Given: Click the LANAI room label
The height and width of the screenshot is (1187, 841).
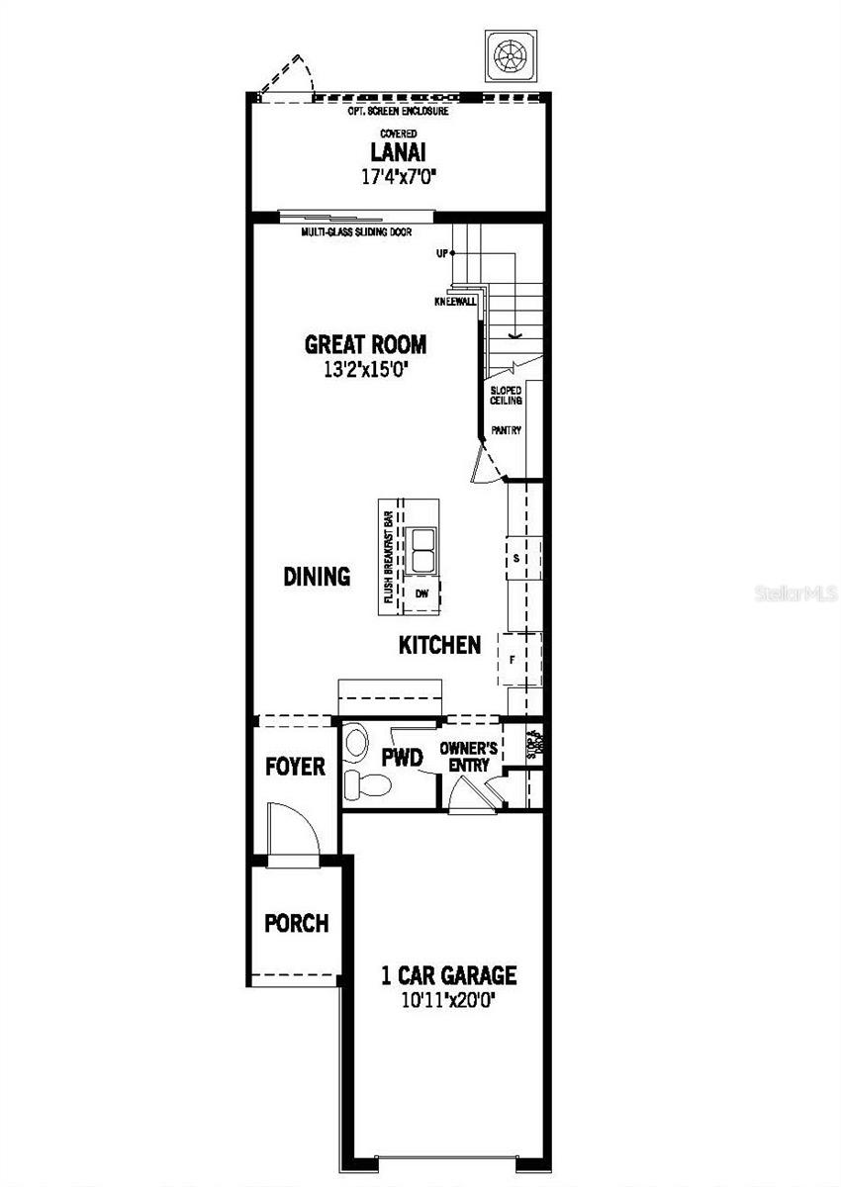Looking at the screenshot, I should tap(397, 152).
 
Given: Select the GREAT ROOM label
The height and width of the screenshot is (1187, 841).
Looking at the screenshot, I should tap(365, 345).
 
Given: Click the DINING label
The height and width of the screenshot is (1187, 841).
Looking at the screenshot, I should tap(317, 577).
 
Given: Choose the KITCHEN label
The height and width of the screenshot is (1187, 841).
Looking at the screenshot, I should tap(439, 646).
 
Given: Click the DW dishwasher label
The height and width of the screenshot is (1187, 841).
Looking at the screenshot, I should tap(423, 593).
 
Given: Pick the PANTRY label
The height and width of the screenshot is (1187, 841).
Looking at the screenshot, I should tap(506, 430).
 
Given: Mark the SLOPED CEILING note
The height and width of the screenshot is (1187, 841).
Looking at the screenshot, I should tap(506, 396).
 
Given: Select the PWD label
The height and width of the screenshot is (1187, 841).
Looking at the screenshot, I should tap(403, 759).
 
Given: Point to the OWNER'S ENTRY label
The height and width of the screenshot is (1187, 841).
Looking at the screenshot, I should tap(469, 758).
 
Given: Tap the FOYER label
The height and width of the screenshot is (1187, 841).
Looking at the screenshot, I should tap(295, 767).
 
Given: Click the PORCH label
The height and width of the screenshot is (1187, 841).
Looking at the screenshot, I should tap(296, 923).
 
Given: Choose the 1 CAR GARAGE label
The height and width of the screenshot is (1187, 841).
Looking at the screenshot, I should tap(449, 975).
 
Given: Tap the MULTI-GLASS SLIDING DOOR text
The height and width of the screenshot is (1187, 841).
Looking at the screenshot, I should tap(356, 231).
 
